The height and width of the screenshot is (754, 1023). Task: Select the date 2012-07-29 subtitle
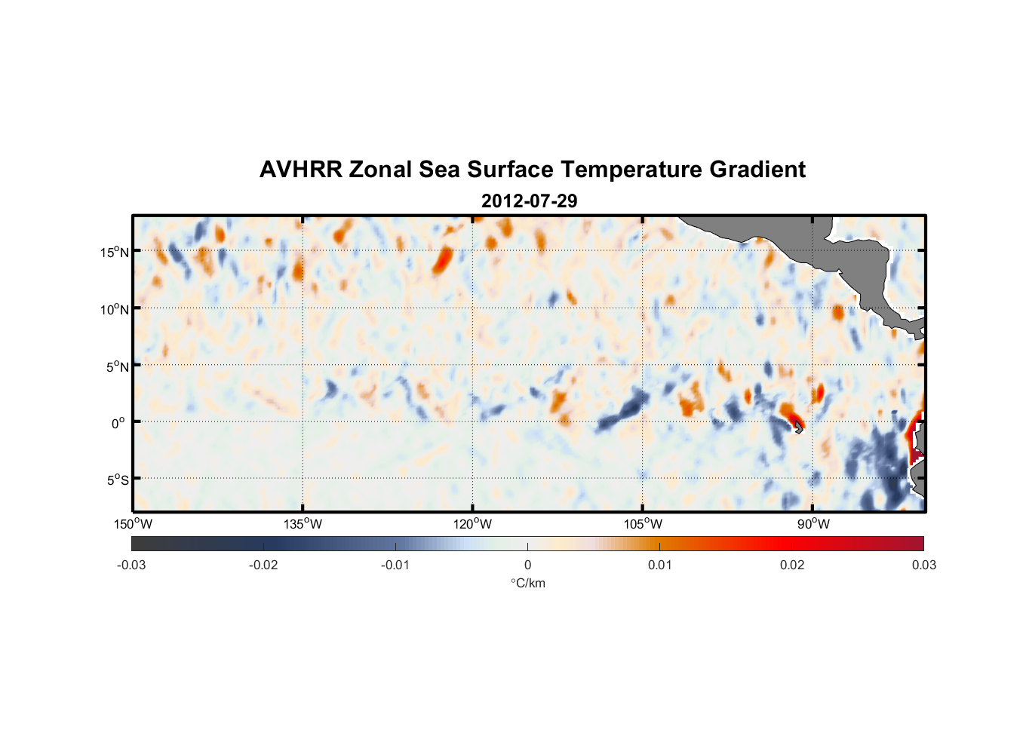529,201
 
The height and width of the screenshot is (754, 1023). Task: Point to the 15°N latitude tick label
115,252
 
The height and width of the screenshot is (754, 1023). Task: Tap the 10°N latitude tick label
115,309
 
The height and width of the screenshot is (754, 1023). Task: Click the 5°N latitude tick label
117,366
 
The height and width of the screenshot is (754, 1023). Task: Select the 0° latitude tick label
118,424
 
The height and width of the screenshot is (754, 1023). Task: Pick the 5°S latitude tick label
117,480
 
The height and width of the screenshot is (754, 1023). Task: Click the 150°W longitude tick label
133,524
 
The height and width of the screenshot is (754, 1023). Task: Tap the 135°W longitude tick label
303,524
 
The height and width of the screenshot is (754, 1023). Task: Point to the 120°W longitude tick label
472,524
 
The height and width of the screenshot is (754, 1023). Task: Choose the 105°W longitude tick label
643,524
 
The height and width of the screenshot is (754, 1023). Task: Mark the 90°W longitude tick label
813,524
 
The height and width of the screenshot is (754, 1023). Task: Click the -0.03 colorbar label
131,565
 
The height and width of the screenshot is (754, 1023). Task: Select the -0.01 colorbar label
395,565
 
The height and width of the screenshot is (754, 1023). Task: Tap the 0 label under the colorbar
527,565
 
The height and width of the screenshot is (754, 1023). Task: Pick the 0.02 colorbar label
792,565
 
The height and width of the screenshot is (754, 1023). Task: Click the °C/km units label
527,583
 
